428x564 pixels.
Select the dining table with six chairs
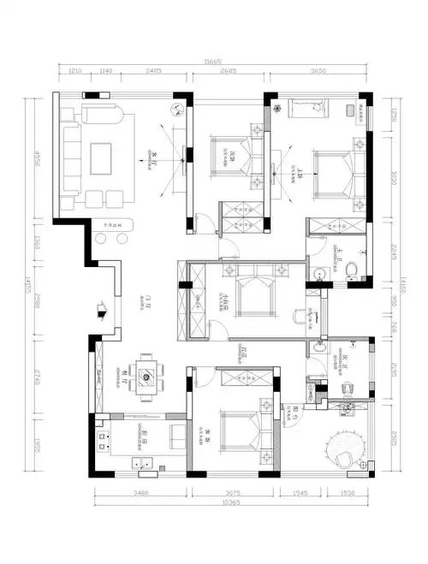point(148,374)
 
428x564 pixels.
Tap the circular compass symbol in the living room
point(178,109)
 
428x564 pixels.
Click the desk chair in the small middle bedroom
point(299,316)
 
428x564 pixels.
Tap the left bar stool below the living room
point(100,239)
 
